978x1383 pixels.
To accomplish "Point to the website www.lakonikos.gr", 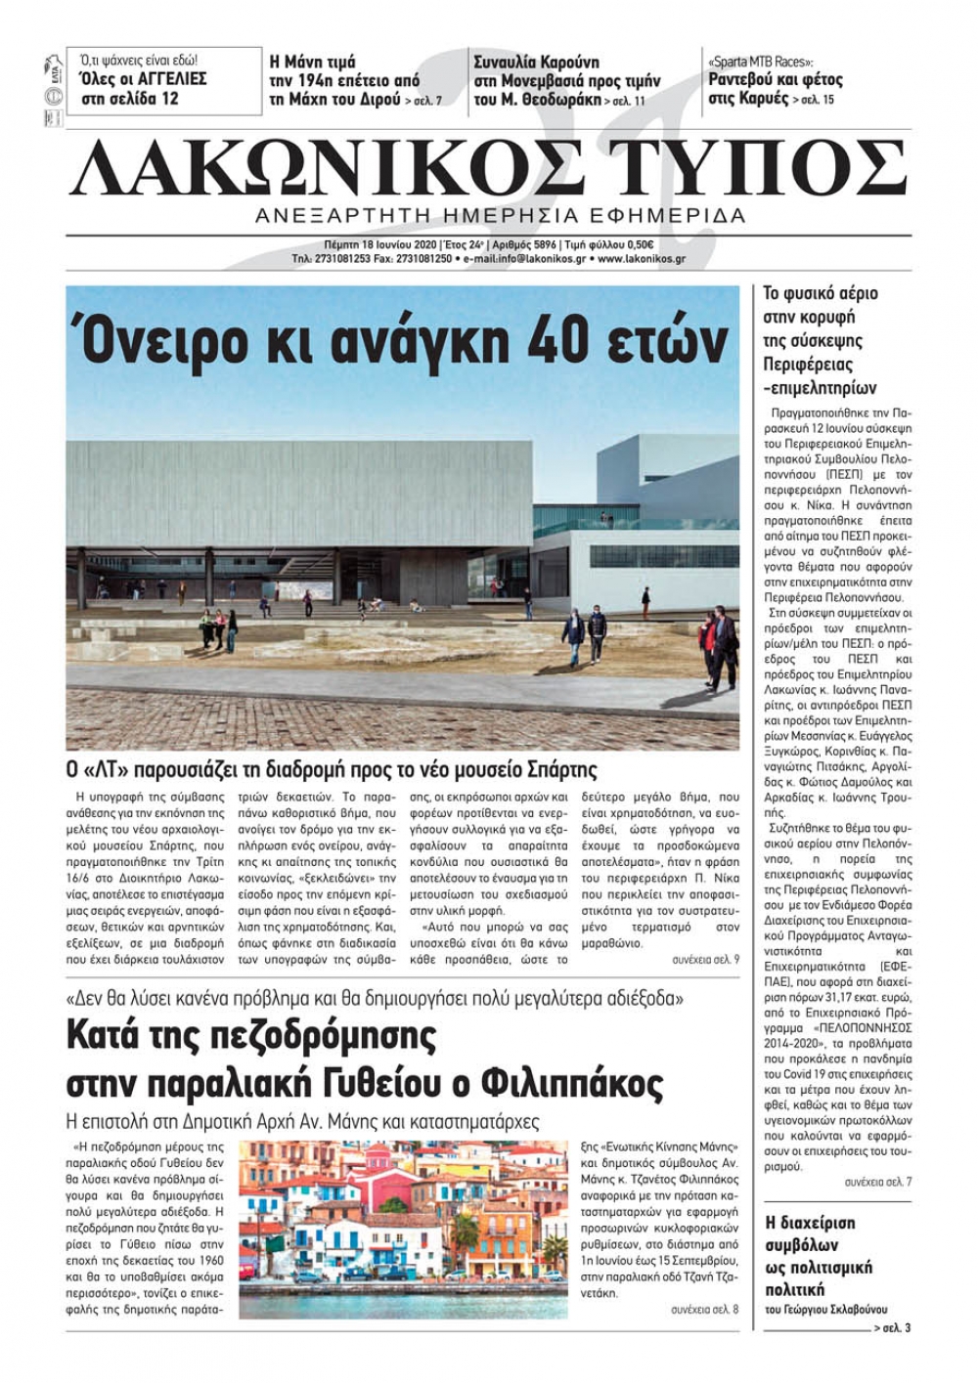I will point(641,259).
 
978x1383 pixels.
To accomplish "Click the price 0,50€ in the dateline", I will point(638,244).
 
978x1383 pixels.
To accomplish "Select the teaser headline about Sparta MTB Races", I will point(774,80).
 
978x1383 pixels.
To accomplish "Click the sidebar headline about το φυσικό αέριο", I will point(821,340).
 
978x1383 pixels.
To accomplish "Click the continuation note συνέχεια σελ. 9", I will point(705,960).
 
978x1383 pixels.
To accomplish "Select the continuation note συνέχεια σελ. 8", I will point(705,1309).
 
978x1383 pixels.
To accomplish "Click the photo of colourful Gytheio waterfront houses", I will point(403,1229).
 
